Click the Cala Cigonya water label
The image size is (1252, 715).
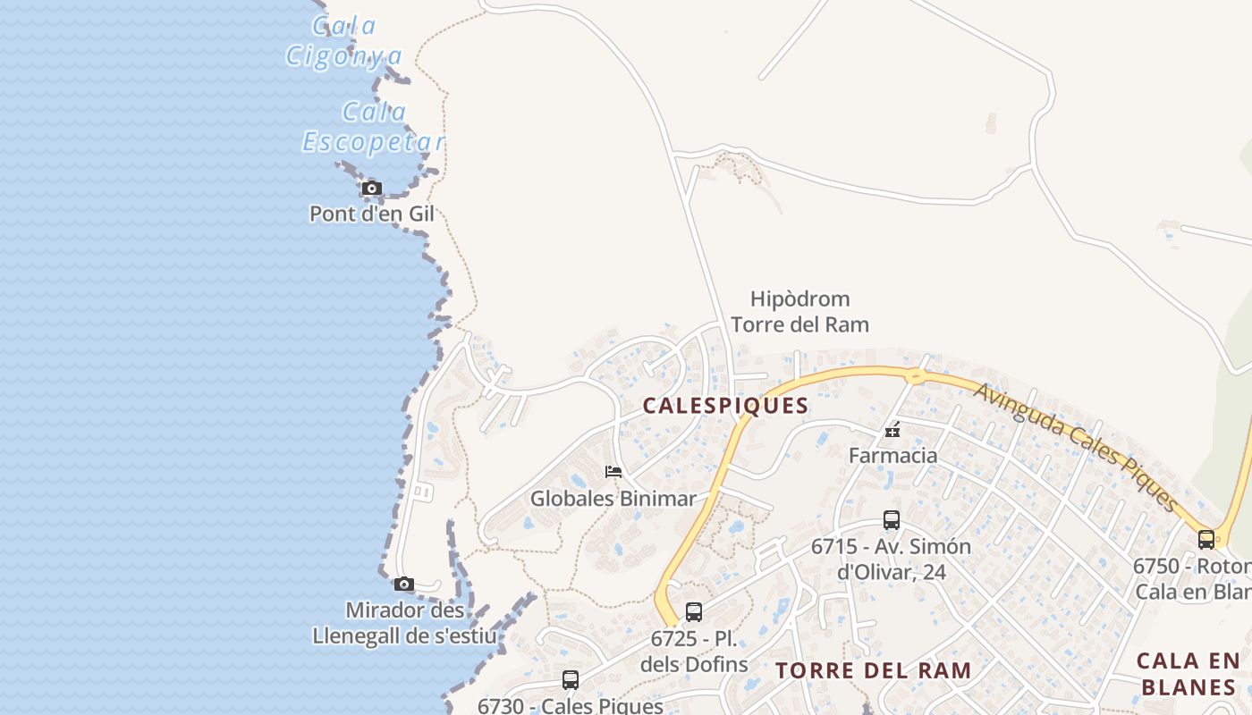[x=344, y=41]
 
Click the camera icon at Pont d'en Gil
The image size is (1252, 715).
[x=372, y=188]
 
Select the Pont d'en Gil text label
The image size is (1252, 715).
[x=372, y=214]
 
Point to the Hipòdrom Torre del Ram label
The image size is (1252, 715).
[x=799, y=311]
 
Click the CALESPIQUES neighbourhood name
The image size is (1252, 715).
[x=725, y=406]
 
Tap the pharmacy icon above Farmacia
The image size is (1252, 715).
[x=892, y=431]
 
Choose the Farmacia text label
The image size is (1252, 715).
[x=892, y=455]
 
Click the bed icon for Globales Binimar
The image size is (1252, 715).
[x=613, y=471]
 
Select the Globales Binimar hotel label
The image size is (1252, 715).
[x=613, y=498]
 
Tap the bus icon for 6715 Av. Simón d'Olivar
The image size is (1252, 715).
[x=891, y=520]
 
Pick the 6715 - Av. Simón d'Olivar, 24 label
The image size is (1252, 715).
[x=891, y=559]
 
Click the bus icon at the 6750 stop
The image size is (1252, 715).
[x=1206, y=539]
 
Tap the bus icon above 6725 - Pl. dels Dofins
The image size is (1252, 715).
[x=694, y=612]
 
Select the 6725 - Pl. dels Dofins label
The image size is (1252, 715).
[x=694, y=652]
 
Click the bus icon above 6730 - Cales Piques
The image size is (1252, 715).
[x=571, y=680]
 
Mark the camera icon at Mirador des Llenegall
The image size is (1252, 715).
[x=404, y=584]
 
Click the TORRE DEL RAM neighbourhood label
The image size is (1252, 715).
[x=873, y=670]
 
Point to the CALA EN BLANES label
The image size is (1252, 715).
[x=1189, y=674]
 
